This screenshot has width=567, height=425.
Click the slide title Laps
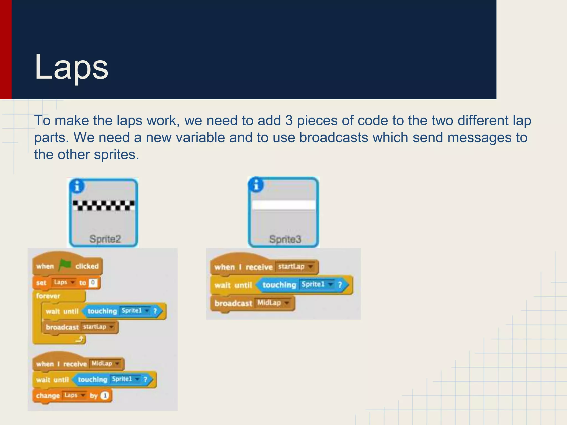pyautogui.click(x=71, y=67)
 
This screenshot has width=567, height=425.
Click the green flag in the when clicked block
pyautogui.click(x=65, y=265)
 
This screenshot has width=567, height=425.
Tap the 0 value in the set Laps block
pyautogui.click(x=93, y=283)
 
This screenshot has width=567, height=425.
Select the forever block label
pyautogui.click(x=48, y=296)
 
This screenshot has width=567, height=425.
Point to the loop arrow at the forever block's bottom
pyautogui.click(x=80, y=339)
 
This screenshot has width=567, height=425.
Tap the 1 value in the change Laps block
pyautogui.click(x=105, y=395)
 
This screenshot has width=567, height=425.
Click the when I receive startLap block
pyautogui.click(x=244, y=267)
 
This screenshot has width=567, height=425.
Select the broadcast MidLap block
pyautogui.click(x=233, y=303)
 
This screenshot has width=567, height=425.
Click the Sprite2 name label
pyautogui.click(x=105, y=239)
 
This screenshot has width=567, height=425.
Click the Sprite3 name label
pyautogui.click(x=285, y=239)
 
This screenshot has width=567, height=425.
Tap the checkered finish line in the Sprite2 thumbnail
pyautogui.click(x=104, y=205)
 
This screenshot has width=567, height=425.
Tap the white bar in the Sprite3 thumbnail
pyautogui.click(x=284, y=205)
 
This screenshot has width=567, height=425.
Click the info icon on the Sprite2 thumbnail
pyautogui.click(x=77, y=186)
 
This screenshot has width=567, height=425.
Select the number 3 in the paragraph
pyautogui.click(x=289, y=121)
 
